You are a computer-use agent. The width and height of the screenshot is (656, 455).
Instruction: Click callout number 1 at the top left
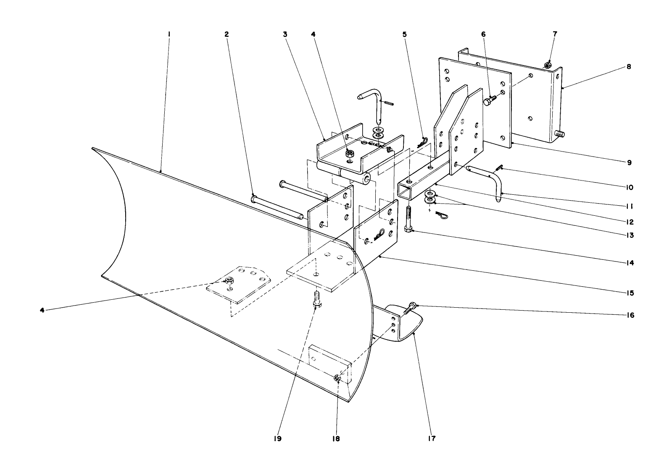169,34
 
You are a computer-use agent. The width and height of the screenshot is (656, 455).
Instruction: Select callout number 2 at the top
227,34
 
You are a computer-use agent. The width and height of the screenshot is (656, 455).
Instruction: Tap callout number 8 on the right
629,66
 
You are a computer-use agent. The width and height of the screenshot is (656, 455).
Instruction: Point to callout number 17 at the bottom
432,439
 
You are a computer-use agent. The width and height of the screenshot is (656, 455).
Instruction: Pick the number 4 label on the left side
42,310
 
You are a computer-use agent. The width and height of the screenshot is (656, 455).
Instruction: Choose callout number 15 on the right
629,293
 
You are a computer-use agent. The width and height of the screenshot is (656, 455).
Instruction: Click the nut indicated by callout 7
548,65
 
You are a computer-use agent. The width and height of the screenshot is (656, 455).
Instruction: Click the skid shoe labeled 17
406,319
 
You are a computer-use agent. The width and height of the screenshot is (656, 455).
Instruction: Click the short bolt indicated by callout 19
316,299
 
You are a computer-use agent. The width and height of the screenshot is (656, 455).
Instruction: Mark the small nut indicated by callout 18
337,379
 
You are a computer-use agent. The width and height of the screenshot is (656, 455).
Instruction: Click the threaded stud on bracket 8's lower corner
559,134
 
